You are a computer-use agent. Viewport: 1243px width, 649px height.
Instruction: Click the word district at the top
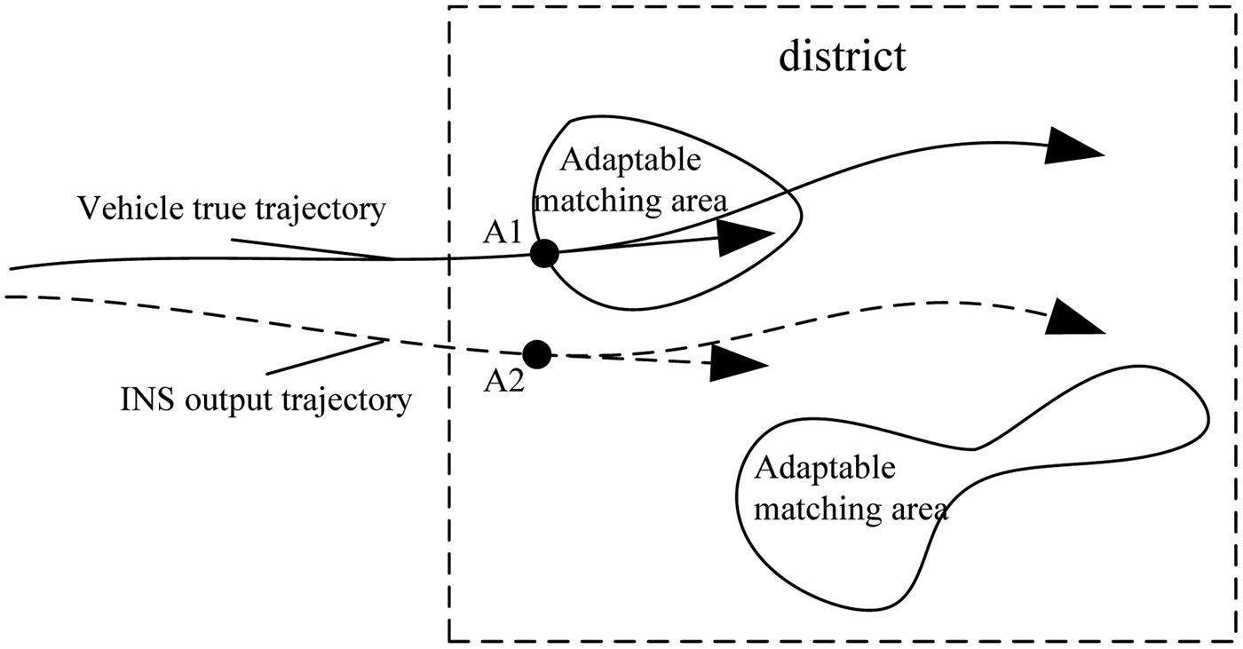pos(843,56)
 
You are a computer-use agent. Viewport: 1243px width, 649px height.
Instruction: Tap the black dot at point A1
pos(543,254)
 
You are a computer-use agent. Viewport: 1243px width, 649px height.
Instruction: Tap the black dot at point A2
pos(536,354)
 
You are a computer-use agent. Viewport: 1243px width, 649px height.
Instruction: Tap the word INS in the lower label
pos(140,400)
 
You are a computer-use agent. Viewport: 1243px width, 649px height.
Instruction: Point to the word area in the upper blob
pos(723,202)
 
